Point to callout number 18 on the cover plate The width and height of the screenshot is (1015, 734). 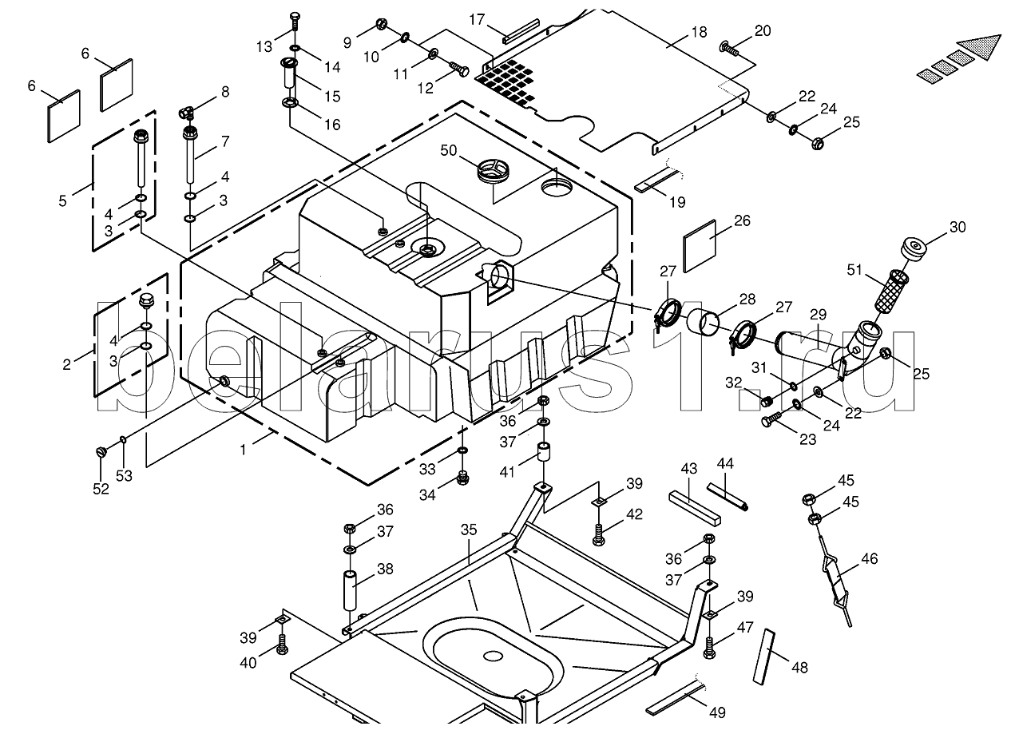pyautogui.click(x=699, y=33)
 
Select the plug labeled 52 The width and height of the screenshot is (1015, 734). pyautogui.click(x=101, y=453)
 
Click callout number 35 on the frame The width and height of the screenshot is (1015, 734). pyautogui.click(x=468, y=530)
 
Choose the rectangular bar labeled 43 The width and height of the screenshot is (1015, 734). pyautogui.click(x=694, y=507)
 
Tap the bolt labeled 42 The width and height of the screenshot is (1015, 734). pyautogui.click(x=599, y=533)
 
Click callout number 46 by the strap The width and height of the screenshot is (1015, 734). pyautogui.click(x=869, y=558)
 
